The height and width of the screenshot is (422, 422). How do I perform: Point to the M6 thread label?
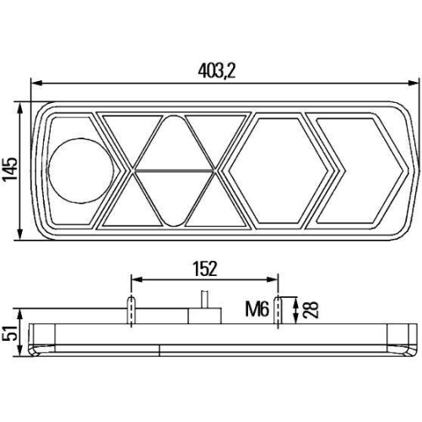pos(257,310)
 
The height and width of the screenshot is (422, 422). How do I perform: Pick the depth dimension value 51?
pos(9,338)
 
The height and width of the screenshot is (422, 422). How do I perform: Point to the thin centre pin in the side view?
pos(203,300)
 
